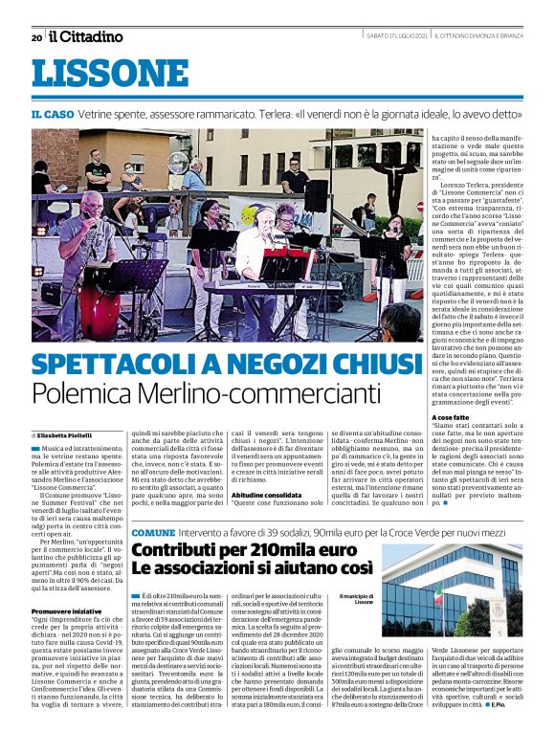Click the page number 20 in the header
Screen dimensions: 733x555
36,37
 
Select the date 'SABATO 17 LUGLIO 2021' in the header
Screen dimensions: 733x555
395,36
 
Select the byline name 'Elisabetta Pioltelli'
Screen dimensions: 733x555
61,434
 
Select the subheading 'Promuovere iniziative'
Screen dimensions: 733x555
66,610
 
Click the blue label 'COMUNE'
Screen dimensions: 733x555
153,531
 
